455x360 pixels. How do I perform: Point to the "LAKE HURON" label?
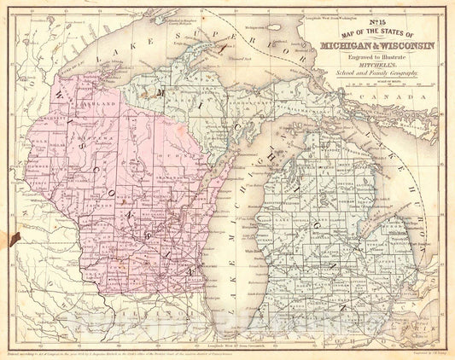pos(394,159)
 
